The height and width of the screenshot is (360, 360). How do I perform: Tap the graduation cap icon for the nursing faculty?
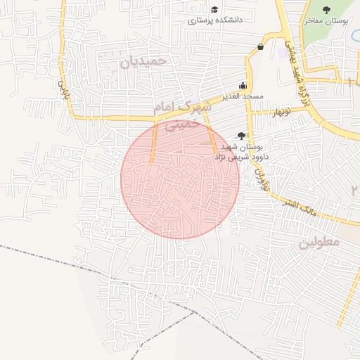tap(214, 9)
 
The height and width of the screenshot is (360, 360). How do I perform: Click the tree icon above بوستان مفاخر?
tap(326, 10)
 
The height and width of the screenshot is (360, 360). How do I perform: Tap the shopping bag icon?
tap(261, 47)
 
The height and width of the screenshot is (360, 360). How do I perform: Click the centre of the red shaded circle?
tap(180, 179)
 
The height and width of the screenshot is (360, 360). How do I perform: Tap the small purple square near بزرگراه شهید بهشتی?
tap(283, 53)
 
